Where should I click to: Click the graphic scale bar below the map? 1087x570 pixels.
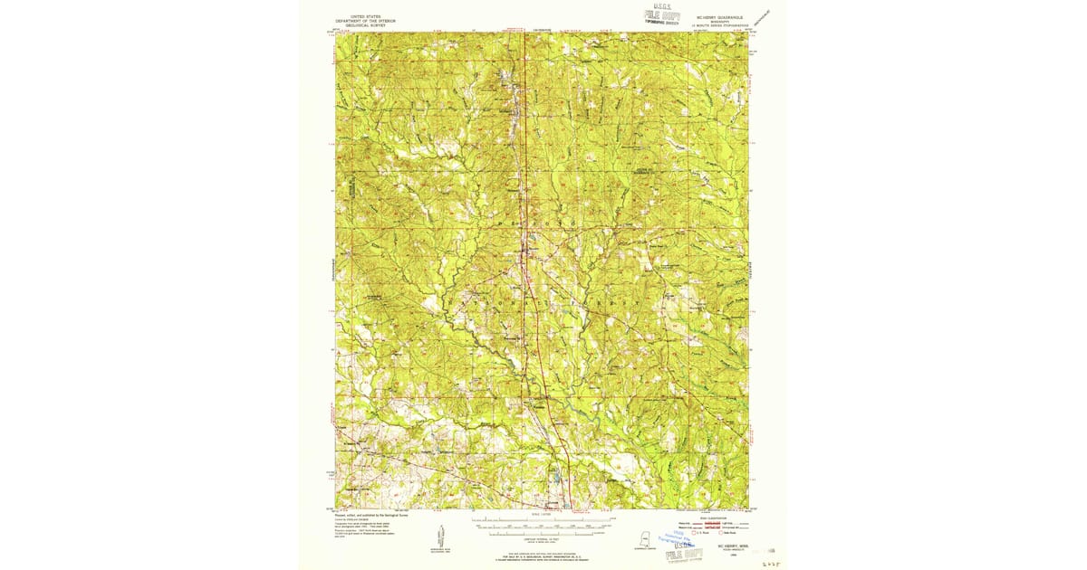[x=542, y=522]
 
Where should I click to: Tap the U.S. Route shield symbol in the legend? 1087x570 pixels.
[x=695, y=533]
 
